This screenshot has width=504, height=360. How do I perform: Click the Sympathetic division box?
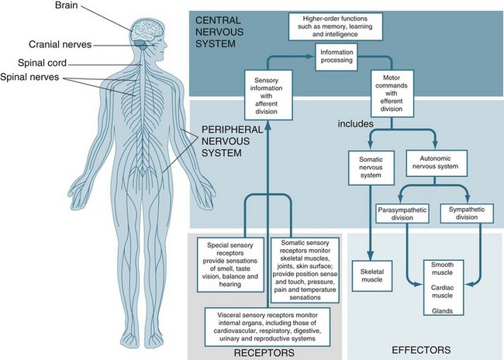(471, 213)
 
